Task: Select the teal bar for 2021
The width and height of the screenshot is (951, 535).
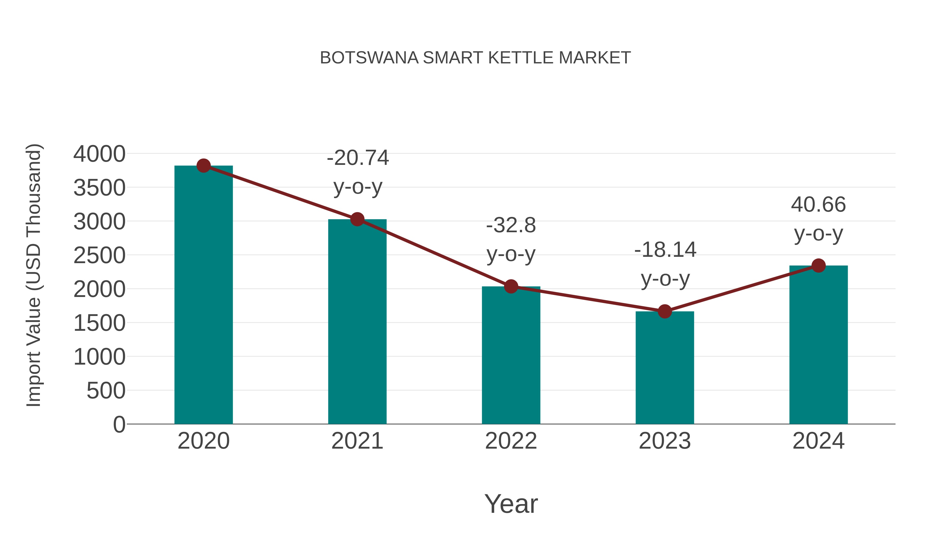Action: (x=357, y=321)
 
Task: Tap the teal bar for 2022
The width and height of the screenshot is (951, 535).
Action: (x=511, y=355)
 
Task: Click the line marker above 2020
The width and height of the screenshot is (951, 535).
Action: (x=203, y=165)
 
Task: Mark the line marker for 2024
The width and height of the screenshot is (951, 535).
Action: (x=818, y=266)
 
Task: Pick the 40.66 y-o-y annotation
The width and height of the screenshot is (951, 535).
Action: (x=818, y=219)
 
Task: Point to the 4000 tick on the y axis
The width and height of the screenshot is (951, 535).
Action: (x=99, y=154)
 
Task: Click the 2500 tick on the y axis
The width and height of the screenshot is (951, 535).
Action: (x=99, y=255)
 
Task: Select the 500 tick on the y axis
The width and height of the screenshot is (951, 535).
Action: (x=106, y=391)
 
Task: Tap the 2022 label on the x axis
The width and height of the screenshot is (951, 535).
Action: (x=511, y=441)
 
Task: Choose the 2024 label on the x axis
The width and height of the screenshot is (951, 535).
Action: (x=818, y=441)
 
